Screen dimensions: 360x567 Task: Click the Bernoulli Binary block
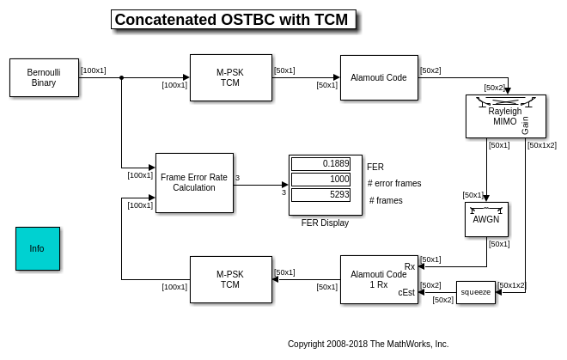pyautogui.click(x=44, y=77)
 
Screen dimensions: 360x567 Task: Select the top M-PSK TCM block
pyautogui.click(x=230, y=77)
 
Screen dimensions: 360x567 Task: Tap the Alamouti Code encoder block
pyautogui.click(x=378, y=77)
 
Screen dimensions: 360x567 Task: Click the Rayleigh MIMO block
pyautogui.click(x=505, y=116)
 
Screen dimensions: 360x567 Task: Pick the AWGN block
pyautogui.click(x=486, y=219)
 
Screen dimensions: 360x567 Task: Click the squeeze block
pyautogui.click(x=475, y=292)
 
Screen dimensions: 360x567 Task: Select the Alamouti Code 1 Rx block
pyautogui.click(x=378, y=279)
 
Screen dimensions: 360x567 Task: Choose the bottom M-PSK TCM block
pyautogui.click(x=230, y=279)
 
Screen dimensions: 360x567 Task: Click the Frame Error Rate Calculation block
pyautogui.click(x=194, y=182)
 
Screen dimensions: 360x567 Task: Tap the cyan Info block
pyautogui.click(x=38, y=248)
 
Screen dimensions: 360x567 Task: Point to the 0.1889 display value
pyautogui.click(x=320, y=164)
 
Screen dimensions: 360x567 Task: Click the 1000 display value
pyautogui.click(x=320, y=179)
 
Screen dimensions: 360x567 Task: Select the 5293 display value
pyautogui.click(x=320, y=194)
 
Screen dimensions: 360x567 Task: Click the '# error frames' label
pyautogui.click(x=394, y=183)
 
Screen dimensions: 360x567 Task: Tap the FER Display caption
pyautogui.click(x=325, y=223)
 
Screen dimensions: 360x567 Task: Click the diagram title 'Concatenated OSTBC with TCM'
pyautogui.click(x=233, y=20)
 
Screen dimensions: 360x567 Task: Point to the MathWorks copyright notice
pyautogui.click(x=368, y=344)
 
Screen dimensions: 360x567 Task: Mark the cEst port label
pyautogui.click(x=406, y=292)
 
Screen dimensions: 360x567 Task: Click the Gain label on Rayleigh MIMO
pyautogui.click(x=525, y=125)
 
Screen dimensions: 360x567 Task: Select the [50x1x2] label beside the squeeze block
pyautogui.click(x=511, y=285)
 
